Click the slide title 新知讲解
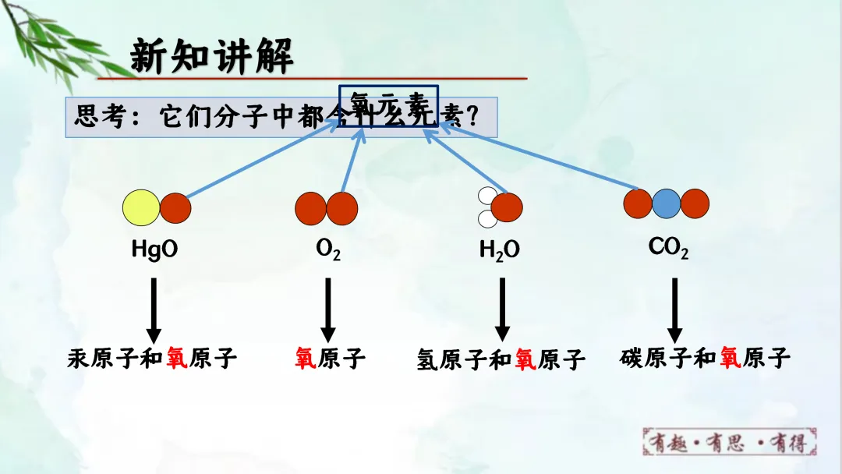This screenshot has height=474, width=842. coord(211,56)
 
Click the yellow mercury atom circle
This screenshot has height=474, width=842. coord(141,207)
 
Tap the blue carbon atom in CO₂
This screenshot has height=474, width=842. coord(667,204)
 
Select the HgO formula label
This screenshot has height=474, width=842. coord(154,249)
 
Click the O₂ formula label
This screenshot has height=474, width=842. coord(327,249)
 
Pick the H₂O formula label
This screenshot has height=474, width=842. coord(500,250)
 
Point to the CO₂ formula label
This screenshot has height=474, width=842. coord(668,248)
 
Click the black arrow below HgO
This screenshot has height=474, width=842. coord(154,308)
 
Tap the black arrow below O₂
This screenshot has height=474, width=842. coord(328,308)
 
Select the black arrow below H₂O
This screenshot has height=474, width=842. coord(502,308)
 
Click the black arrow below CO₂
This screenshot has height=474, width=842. coord(675,308)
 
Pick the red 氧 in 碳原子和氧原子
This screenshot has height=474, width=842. coord(731,358)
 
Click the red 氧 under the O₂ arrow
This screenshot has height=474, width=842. coord(305,359)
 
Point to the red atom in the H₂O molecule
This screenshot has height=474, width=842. coord(508,207)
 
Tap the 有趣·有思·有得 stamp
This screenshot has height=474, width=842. coord(730,443)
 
